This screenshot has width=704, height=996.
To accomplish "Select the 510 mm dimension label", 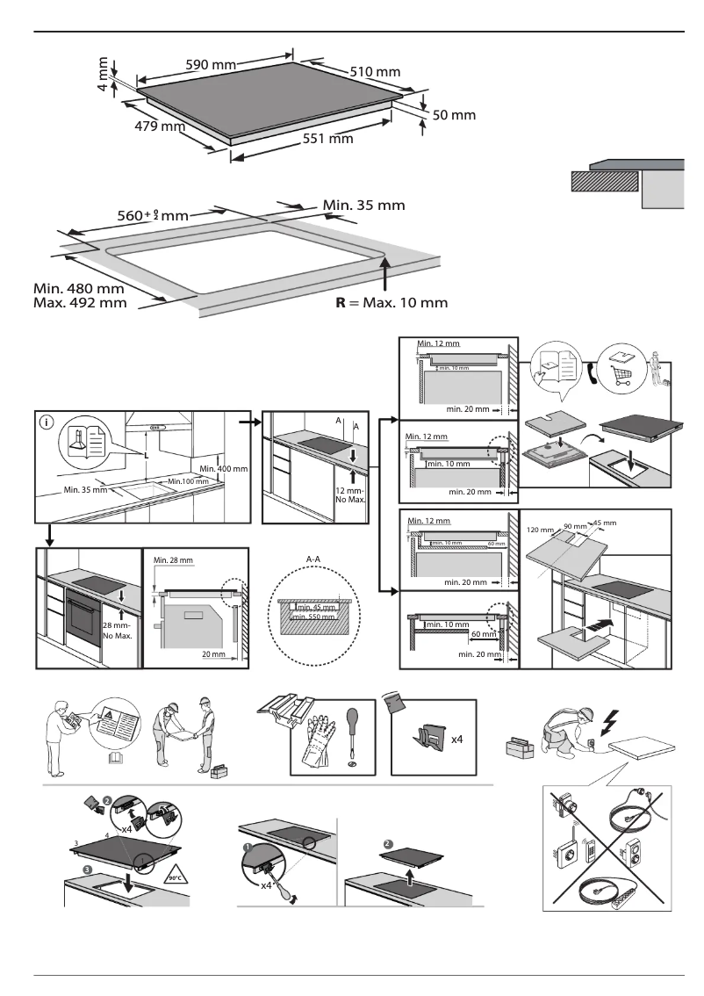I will point(375,72).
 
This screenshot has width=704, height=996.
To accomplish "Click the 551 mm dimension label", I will point(327,138).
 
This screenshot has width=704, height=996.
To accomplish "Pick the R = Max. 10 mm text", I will point(392,303).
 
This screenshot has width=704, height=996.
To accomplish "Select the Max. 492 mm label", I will point(80,303).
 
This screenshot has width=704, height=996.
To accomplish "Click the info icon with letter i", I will point(47,422).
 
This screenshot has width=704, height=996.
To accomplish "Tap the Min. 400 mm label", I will point(225,470).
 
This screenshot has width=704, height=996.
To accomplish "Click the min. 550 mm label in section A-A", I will point(314,617).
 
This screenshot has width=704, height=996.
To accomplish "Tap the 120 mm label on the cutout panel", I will point(541,530).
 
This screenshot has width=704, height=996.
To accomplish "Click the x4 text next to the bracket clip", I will point(457,740).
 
